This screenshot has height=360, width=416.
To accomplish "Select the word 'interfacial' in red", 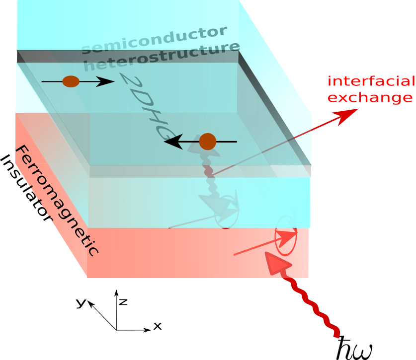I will [x=371, y=81].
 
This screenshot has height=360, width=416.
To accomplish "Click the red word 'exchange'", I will [x=370, y=98].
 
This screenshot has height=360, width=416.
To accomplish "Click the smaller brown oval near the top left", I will [x=71, y=81].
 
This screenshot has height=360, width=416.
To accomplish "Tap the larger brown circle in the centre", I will [x=207, y=142].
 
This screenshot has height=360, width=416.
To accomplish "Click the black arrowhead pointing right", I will [x=105, y=81].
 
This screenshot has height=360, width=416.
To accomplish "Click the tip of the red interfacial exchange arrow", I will [x=356, y=109].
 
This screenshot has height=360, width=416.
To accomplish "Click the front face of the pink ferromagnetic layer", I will [x=199, y=253].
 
